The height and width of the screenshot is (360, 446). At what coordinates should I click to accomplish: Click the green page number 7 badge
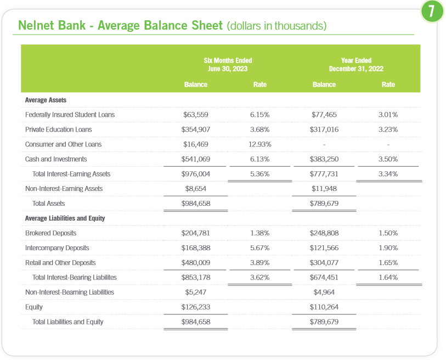click(x=431, y=12)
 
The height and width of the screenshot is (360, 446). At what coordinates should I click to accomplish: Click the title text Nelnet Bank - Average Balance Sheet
click(x=120, y=25)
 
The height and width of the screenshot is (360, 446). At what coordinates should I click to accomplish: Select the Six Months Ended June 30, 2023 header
click(x=227, y=65)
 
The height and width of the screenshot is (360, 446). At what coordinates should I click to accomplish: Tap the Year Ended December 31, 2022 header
click(x=355, y=65)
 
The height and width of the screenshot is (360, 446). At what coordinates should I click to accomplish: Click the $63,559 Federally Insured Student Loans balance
click(x=195, y=115)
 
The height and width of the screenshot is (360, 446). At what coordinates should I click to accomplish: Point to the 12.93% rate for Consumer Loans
click(x=259, y=144)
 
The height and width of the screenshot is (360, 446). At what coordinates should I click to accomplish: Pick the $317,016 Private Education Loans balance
click(x=324, y=130)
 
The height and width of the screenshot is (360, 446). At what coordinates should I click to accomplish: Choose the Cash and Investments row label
click(x=55, y=159)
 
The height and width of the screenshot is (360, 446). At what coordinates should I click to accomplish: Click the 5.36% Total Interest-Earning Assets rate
click(x=259, y=174)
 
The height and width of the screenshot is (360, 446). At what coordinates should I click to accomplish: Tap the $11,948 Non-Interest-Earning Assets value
click(x=324, y=189)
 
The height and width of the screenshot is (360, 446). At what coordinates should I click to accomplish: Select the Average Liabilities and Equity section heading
click(x=65, y=218)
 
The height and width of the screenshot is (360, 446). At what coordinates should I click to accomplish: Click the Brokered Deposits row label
click(x=50, y=233)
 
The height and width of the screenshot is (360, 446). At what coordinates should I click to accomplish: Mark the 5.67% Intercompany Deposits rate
click(x=259, y=248)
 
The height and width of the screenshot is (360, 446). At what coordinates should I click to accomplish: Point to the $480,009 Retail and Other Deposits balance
click(x=195, y=263)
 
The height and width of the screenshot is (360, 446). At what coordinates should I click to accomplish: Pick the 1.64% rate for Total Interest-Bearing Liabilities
click(x=388, y=278)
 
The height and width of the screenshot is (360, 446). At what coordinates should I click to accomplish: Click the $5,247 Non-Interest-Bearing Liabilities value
click(x=195, y=292)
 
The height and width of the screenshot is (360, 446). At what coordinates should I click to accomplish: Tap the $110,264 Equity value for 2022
click(x=324, y=307)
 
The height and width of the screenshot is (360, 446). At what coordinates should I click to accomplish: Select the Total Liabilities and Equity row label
click(x=67, y=322)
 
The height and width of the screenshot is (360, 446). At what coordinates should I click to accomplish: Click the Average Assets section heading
click(x=46, y=100)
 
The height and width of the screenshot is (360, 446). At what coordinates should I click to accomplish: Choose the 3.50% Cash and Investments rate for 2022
click(x=388, y=159)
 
